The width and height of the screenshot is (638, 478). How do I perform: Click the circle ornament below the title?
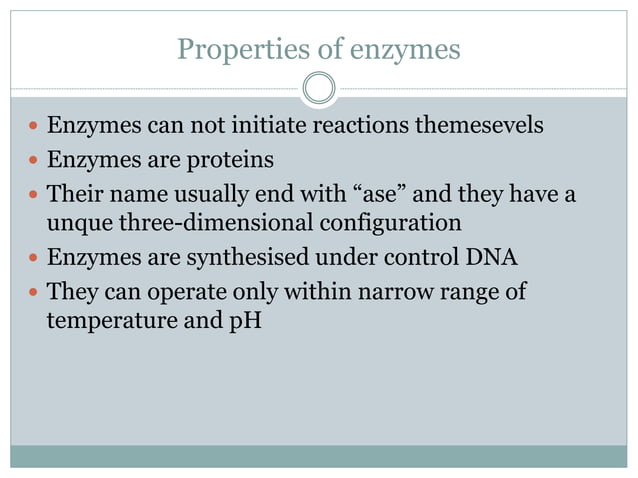click(319, 89)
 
